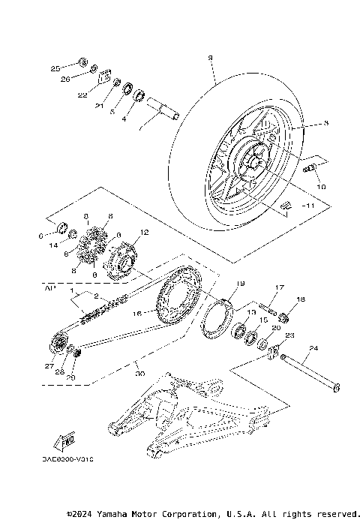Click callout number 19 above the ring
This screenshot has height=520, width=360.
click(241, 284)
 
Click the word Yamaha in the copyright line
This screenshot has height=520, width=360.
click(124, 514)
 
